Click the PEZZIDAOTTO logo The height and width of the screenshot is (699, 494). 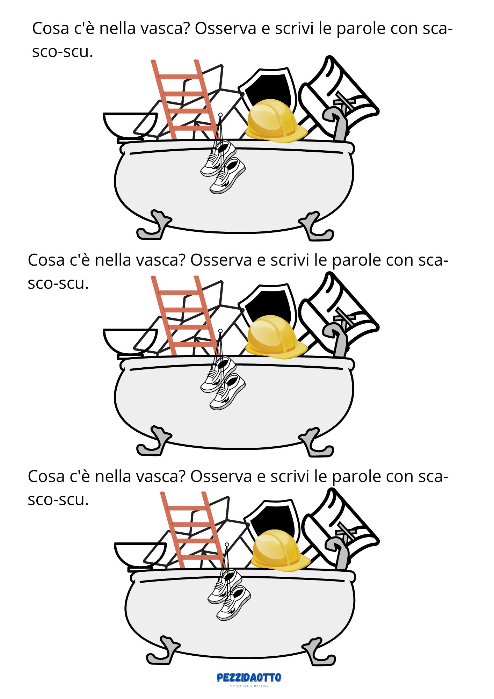249,678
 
